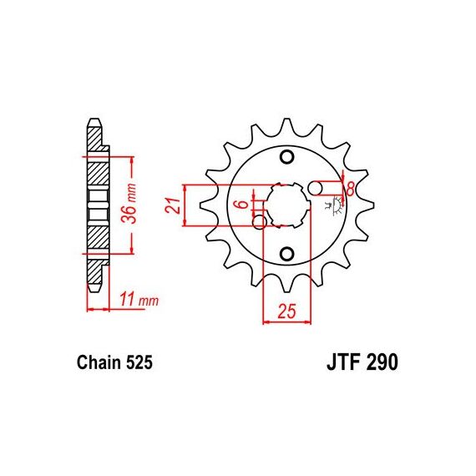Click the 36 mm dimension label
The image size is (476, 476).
[129, 203]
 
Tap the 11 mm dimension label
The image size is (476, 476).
[139, 299]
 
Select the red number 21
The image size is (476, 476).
[172, 205]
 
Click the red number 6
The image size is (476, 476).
[243, 204]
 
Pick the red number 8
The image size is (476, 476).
[350, 189]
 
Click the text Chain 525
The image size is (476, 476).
[114, 362]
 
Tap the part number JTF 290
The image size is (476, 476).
[362, 362]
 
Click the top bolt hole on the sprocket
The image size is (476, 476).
[286, 157]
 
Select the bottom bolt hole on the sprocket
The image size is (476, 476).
[286, 254]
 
